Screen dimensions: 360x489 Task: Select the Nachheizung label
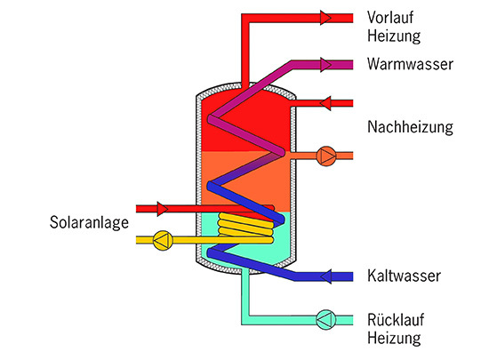[410, 128]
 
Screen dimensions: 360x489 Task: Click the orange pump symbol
[326, 156]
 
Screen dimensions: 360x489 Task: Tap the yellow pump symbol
[163, 239]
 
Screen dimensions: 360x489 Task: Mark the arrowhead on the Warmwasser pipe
[334, 65]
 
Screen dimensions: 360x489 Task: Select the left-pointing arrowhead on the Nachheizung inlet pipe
[326, 103]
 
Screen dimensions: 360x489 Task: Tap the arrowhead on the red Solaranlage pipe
[163, 210]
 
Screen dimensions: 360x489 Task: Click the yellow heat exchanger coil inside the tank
[246, 229]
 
